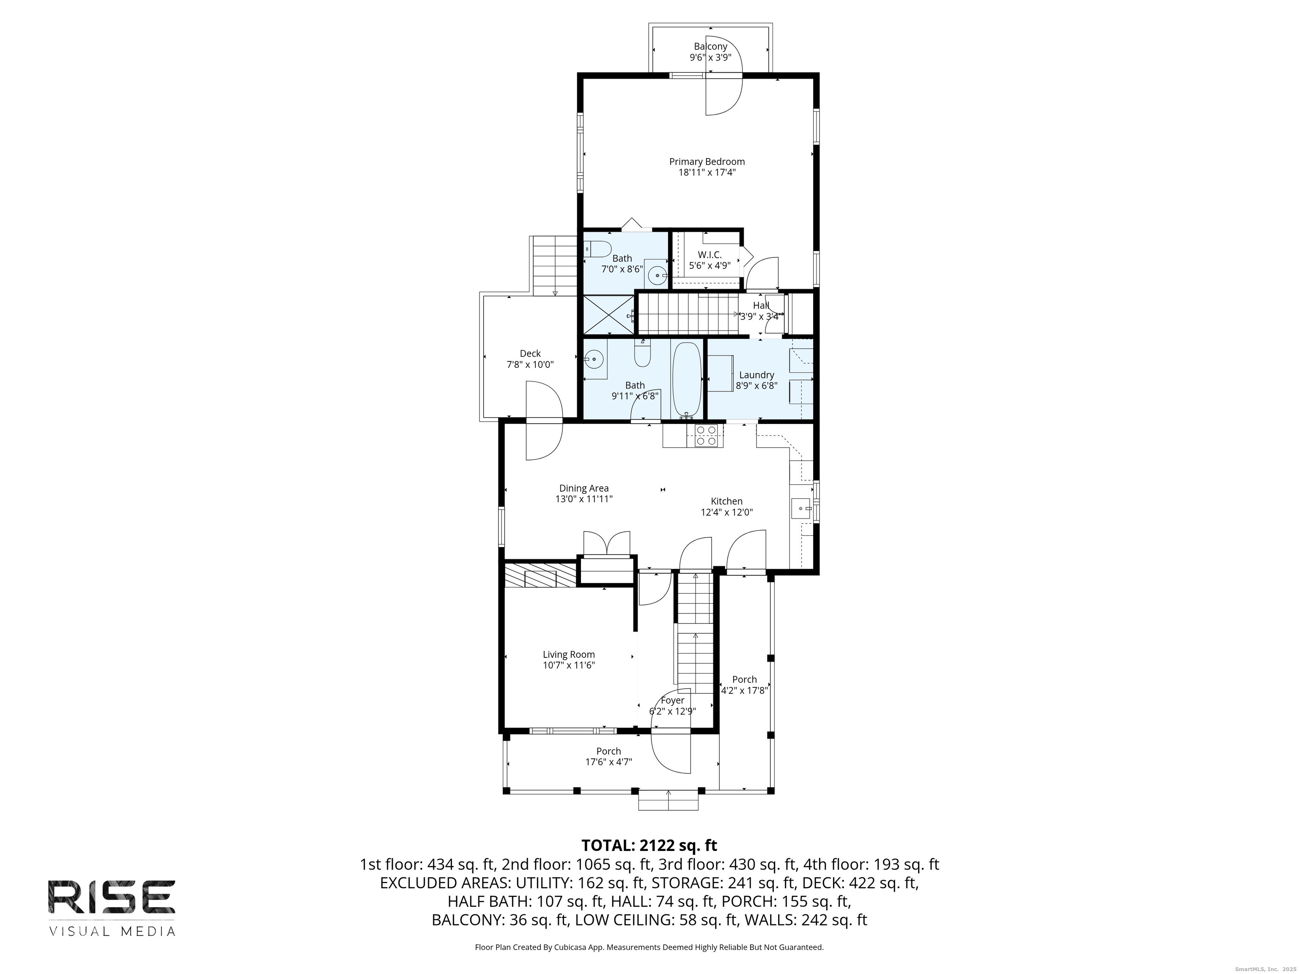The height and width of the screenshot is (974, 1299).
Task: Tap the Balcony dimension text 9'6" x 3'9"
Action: pos(710,57)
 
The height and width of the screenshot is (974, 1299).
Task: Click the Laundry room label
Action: pos(756,375)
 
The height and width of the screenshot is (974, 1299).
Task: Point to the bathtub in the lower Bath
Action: pos(686,379)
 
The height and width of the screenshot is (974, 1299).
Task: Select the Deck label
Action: pos(530,353)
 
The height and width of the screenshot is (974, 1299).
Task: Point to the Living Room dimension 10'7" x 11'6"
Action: pos(568,665)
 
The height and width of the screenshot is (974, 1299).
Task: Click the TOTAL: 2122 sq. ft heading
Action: pos(649,845)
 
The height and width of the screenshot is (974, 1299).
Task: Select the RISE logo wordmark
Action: pos(112,897)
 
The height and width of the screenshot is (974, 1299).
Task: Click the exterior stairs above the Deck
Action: pos(555,266)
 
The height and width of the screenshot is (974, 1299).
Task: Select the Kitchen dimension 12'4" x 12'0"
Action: pos(726,512)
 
